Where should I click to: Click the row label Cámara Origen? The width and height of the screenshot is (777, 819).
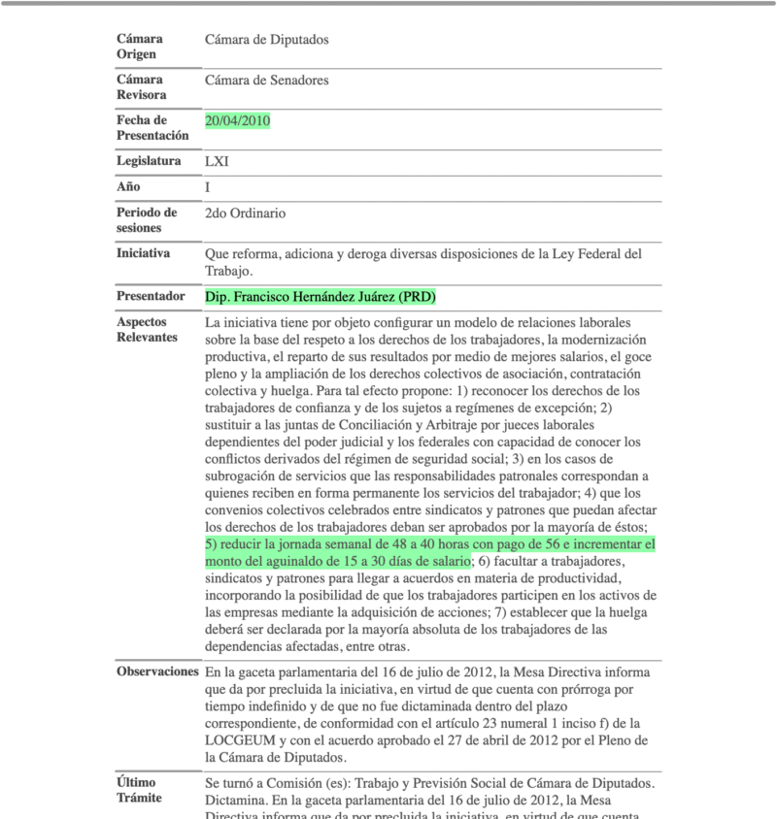pos(139,47)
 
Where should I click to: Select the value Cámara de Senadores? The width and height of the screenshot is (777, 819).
pos(266,81)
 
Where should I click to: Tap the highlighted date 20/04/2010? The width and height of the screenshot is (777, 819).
pos(238,120)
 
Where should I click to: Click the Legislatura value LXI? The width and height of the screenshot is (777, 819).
pos(217,161)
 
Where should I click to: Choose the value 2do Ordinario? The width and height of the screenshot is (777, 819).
pos(245,213)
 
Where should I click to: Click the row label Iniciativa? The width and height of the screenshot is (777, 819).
pos(143,253)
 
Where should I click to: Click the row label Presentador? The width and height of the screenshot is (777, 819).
pos(151,296)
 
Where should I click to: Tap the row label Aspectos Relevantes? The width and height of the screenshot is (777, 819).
pos(147,329)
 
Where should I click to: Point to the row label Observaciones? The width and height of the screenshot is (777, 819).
pos(157,672)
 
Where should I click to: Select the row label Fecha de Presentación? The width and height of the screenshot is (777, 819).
pos(152,128)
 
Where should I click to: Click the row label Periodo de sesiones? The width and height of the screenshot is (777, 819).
pos(147,220)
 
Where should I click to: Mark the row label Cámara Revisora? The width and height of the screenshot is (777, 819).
pos(141,87)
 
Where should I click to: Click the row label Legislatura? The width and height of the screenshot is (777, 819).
pos(149,161)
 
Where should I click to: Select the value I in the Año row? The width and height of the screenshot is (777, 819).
pos(208,186)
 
